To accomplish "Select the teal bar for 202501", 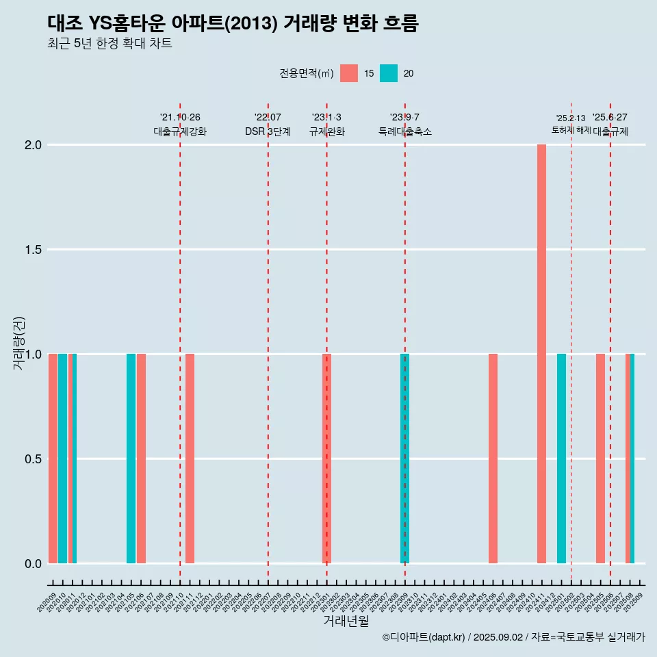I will click(x=561, y=459).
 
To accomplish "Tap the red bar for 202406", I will click(x=493, y=459).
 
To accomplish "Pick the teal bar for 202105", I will click(x=131, y=459).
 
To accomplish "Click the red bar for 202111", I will click(x=190, y=459).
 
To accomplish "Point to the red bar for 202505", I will click(x=600, y=459).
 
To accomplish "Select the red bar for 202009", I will click(x=53, y=459).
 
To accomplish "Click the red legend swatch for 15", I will click(x=349, y=73).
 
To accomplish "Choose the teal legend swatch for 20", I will click(x=389, y=73).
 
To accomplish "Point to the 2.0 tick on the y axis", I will click(x=34, y=145).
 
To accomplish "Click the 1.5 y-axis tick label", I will click(x=34, y=250).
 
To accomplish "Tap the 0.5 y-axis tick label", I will click(x=34, y=459).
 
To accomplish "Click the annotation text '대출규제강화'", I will click(x=179, y=131).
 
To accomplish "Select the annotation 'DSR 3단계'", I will click(x=268, y=131).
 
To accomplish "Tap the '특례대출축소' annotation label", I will click(x=405, y=131).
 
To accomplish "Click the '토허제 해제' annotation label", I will click(x=571, y=130).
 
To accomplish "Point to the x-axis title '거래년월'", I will click(x=346, y=621).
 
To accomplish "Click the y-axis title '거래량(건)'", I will click(x=18, y=342).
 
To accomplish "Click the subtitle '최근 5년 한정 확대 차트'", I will click(x=109, y=44).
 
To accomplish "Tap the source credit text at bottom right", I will click(x=513, y=637).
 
